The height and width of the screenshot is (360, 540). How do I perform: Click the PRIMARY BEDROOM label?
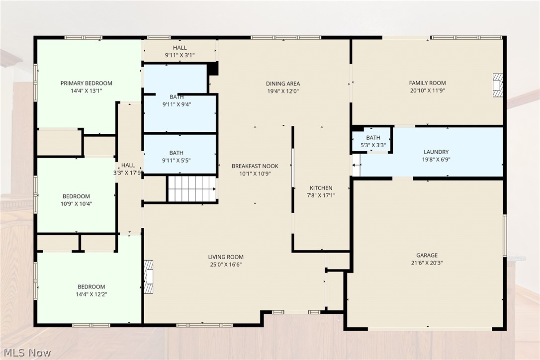86,83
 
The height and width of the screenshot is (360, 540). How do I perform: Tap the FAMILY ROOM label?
428,83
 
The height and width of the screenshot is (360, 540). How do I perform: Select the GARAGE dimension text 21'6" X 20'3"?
427,263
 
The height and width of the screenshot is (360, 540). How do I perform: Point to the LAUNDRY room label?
436,152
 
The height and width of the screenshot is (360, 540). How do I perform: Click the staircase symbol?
192,189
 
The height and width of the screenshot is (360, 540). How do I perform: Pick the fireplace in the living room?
149,277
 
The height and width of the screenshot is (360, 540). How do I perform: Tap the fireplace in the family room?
498,85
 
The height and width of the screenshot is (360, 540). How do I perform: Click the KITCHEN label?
321,188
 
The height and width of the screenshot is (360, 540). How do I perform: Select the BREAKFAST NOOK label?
255,166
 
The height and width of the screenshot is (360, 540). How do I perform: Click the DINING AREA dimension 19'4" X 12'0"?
283,91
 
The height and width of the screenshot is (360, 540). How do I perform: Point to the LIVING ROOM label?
226,257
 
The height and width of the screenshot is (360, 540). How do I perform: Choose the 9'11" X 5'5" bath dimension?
176,161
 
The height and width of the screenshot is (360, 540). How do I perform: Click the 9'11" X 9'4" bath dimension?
177,104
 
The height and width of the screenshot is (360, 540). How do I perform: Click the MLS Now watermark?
27,353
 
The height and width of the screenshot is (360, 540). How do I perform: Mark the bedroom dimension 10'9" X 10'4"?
76,203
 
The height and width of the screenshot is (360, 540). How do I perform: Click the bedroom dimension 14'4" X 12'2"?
91,294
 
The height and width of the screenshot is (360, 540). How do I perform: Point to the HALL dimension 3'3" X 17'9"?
128,173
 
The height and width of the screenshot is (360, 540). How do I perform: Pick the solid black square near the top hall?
213,68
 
